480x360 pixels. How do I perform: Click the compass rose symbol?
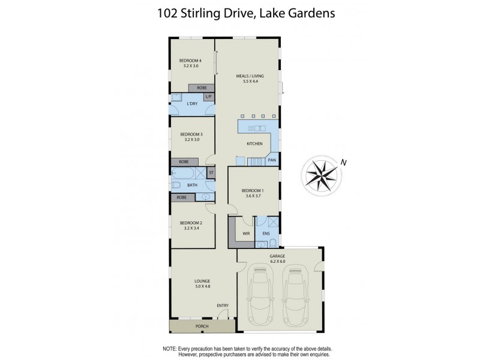click(x=322, y=174)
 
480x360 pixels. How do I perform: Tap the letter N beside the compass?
click(x=343, y=161)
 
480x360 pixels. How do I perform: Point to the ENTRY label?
click(x=223, y=306)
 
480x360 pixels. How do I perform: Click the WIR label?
click(x=246, y=233)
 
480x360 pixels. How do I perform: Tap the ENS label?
click(x=266, y=233)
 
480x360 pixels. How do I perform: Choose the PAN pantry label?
click(x=272, y=160)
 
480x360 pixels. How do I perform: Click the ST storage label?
click(x=211, y=173)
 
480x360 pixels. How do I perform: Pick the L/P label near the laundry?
click(x=208, y=97)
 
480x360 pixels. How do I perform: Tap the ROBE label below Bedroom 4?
click(x=201, y=88)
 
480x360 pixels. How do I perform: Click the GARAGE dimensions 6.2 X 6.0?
click(x=277, y=261)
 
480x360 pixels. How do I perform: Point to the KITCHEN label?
click(x=255, y=144)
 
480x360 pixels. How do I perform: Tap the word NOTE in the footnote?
click(x=170, y=349)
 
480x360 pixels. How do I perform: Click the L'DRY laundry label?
click(x=193, y=104)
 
